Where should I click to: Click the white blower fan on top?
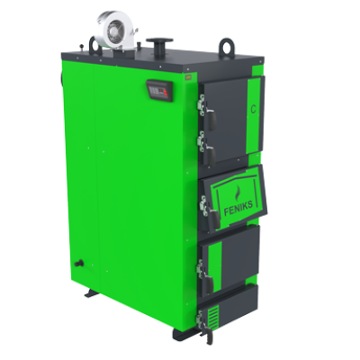tap(115, 29)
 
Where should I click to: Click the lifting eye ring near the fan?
tap(95, 46)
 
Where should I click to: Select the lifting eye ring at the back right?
tap(226, 48)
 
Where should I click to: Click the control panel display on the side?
tap(159, 90)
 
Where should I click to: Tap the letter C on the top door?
tap(254, 110)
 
